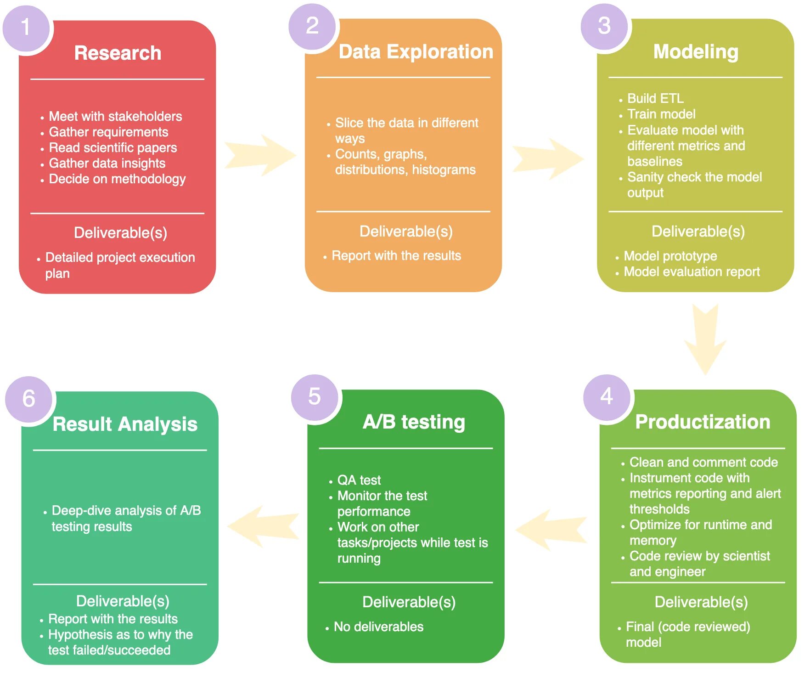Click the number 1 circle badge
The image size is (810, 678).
pyautogui.click(x=26, y=28)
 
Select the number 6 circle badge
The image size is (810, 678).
pyautogui.click(x=28, y=399)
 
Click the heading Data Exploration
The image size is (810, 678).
pyautogui.click(x=416, y=52)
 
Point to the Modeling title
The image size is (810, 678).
pyautogui.click(x=696, y=52)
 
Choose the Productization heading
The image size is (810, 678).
pyautogui.click(x=703, y=422)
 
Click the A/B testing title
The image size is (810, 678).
pyautogui.click(x=414, y=422)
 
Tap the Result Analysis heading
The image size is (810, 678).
pyautogui.click(x=125, y=424)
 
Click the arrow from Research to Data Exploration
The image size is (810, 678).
pyautogui.click(x=260, y=155)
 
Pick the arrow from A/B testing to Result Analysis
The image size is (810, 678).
pyautogui.click(x=263, y=526)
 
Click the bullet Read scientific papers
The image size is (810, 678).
pyautogui.click(x=112, y=147)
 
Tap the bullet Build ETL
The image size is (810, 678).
pyautogui.click(x=655, y=98)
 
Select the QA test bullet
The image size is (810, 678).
pyautogui.click(x=359, y=480)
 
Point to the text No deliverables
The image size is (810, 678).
pyautogui.click(x=378, y=627)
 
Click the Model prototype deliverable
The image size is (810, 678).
pyautogui.click(x=670, y=256)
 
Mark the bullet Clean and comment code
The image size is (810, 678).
pyautogui.click(x=703, y=462)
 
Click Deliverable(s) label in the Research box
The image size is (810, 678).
pyautogui.click(x=120, y=233)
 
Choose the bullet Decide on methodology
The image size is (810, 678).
pyautogui.click(x=117, y=179)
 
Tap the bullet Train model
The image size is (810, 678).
pyautogui.click(x=661, y=114)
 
